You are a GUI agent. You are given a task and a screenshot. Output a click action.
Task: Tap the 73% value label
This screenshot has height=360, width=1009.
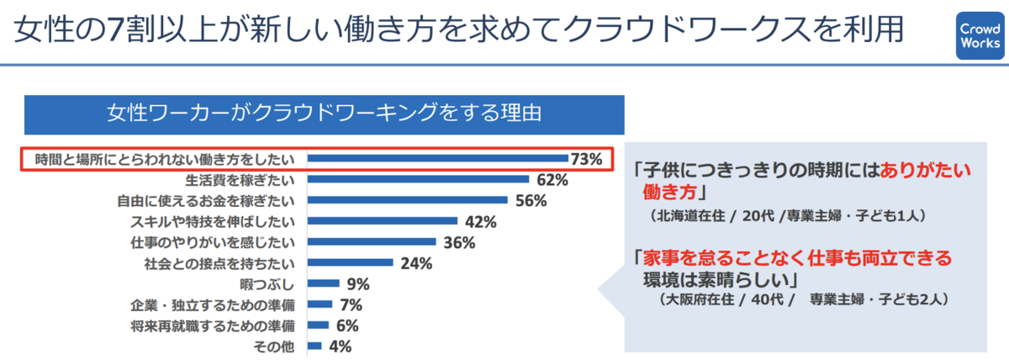click(x=586, y=158)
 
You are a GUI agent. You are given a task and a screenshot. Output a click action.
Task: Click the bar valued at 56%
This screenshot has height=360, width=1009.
click(x=407, y=200)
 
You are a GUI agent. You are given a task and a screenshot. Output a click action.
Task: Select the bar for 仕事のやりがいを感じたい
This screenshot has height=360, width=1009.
click(x=371, y=242)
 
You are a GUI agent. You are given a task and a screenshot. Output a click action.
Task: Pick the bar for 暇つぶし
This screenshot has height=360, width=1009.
click(x=323, y=283)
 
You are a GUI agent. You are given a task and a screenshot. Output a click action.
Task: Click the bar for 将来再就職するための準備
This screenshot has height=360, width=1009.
click(x=318, y=325)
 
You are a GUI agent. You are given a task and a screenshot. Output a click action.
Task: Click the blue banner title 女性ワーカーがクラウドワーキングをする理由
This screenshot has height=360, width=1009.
click(x=324, y=114)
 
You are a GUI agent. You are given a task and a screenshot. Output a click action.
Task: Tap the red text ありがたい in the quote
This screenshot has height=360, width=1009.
click(x=924, y=167)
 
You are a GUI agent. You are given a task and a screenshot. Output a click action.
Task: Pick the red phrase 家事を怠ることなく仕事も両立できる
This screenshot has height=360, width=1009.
click(x=795, y=257)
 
